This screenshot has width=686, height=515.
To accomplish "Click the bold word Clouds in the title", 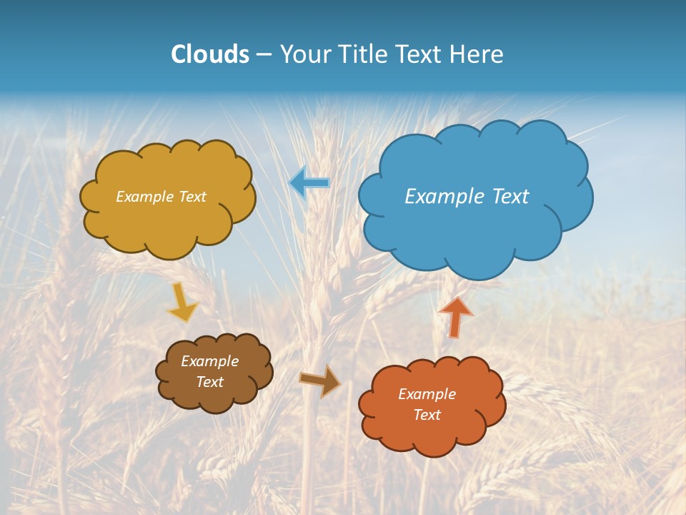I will (209, 54).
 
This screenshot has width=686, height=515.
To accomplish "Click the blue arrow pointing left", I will (309, 183).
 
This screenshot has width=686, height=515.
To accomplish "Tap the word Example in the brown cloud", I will (209, 361).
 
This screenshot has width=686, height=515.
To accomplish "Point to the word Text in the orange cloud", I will (427, 415).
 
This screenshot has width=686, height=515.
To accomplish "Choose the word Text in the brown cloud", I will (209, 382).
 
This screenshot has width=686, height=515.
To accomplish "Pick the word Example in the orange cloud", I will (427, 394).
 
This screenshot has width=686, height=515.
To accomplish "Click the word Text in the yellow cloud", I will (192, 197).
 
